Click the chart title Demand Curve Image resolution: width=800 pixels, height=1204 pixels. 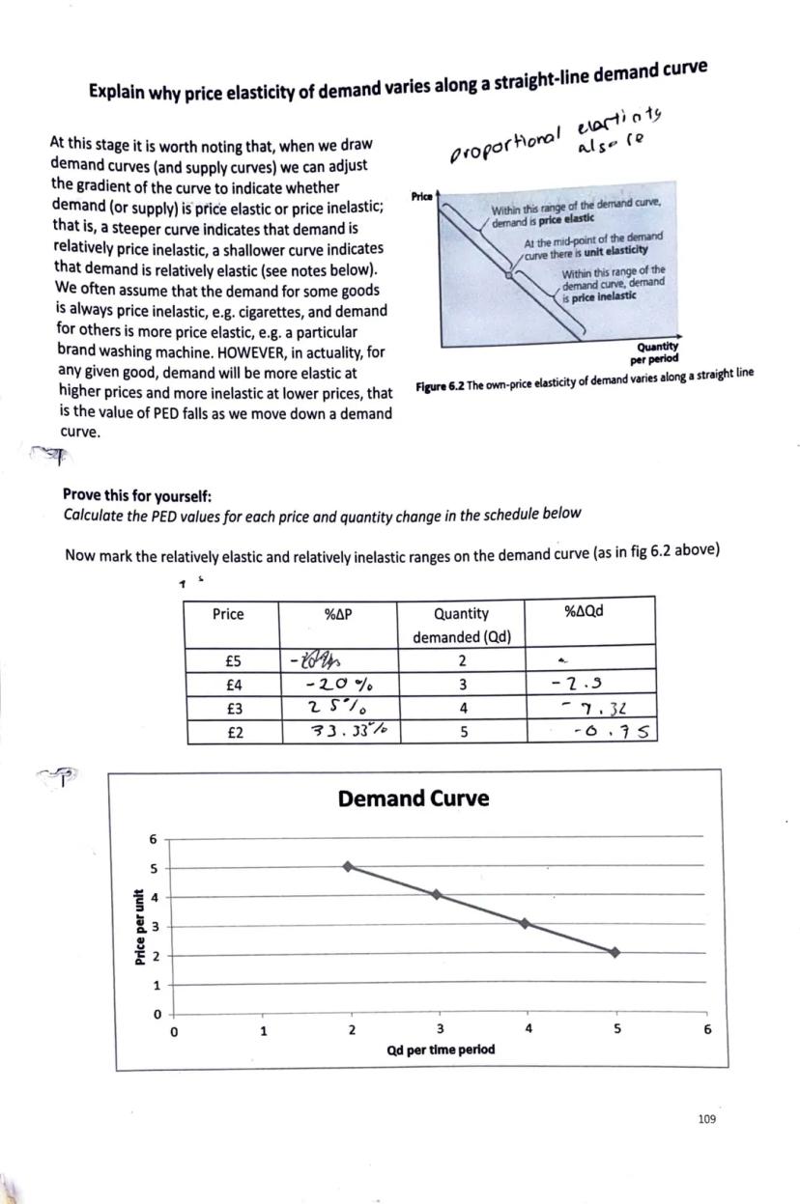[x=413, y=798]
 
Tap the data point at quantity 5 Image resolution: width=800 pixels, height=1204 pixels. [x=614, y=952]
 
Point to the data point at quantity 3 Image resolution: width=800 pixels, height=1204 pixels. [x=437, y=895]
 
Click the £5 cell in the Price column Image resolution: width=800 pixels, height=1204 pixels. [x=232, y=661]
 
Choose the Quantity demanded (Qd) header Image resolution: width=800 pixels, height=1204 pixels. [x=462, y=625]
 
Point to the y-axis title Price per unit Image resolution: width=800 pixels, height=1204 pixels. [x=140, y=926]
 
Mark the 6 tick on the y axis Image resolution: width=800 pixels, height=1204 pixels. [x=153, y=839]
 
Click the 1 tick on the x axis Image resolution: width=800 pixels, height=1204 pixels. [x=263, y=1030]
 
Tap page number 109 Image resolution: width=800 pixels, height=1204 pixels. [x=706, y=1119]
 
